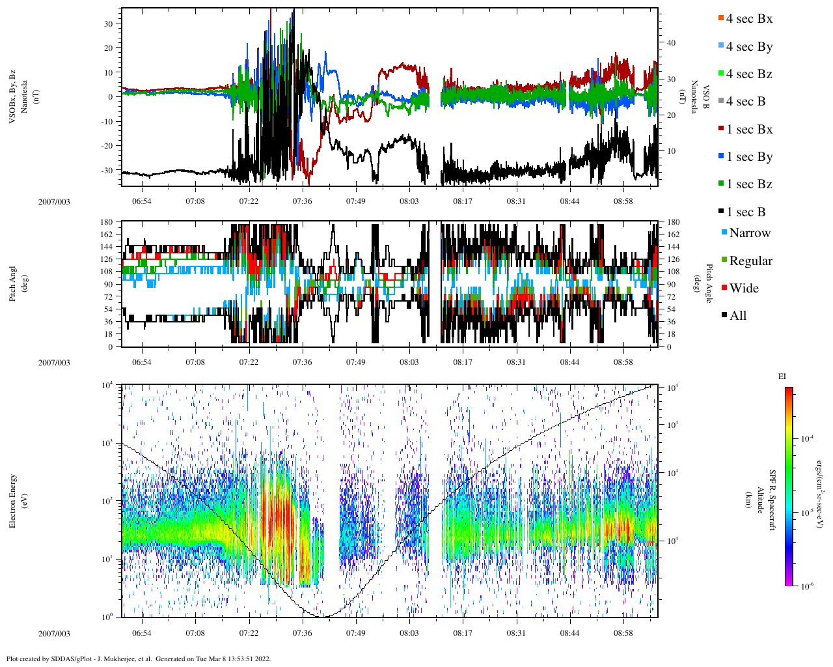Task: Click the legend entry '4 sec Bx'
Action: pos(748,19)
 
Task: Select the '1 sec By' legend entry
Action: pos(748,157)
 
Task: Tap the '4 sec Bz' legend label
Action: pos(748,74)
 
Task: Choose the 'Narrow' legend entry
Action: pos(749,233)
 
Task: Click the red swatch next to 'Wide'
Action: pos(724,288)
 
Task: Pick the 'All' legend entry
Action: pos(737,316)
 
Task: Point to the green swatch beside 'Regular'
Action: pos(724,261)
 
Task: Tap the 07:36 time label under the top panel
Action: pos(302,201)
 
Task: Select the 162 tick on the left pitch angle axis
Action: pos(107,234)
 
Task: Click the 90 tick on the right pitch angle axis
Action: pos(671,285)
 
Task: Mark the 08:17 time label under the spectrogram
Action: pos(463,633)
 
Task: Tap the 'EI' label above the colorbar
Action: pos(782,376)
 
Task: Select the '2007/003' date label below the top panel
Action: pos(54,201)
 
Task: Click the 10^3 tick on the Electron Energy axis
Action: pos(107,443)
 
